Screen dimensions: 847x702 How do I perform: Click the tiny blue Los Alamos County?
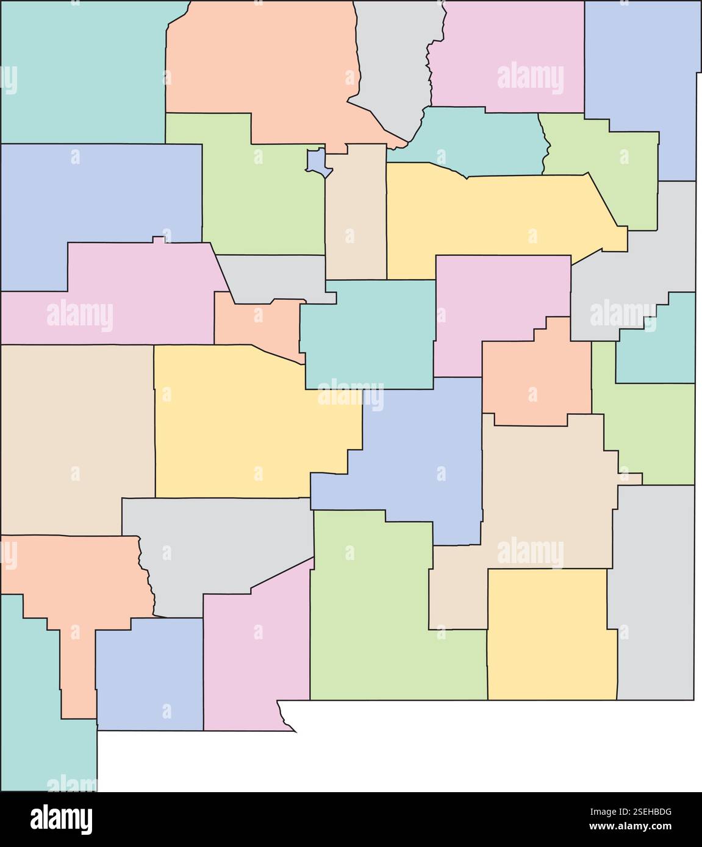[317, 161]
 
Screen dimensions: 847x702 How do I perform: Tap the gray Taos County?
[396, 67]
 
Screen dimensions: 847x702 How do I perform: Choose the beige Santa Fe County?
[355, 213]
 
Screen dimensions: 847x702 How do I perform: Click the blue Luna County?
[149, 673]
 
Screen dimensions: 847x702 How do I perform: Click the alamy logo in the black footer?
[61, 819]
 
